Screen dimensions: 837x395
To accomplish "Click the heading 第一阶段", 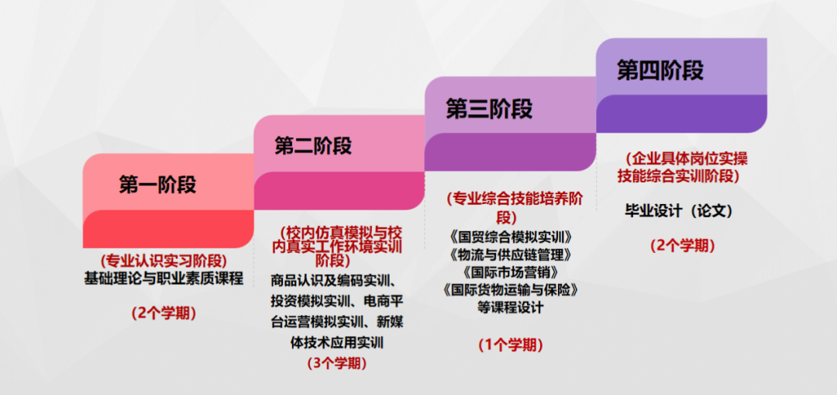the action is click(x=157, y=185).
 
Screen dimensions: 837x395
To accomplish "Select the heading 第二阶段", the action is click(x=313, y=145).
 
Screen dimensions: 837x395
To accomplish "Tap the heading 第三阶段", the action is click(x=490, y=109).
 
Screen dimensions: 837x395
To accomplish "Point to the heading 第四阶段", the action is click(x=660, y=71).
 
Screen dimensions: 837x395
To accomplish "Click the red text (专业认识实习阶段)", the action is click(x=164, y=261).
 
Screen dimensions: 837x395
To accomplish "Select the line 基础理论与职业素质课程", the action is click(x=164, y=279).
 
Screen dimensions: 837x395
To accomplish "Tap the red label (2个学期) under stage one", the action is click(x=164, y=313).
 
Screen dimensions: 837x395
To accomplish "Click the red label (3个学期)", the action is click(x=337, y=363).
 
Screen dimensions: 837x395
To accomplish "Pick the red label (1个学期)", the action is click(x=511, y=345).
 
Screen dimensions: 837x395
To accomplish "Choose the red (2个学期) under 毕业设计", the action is click(x=683, y=245).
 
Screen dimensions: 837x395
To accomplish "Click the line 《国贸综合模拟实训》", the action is click(x=511, y=236).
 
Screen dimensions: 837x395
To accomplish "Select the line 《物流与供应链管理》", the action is click(x=511, y=254).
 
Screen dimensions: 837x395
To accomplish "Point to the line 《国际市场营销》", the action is click(x=511, y=272).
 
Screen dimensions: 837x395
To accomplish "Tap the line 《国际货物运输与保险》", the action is click(x=511, y=290).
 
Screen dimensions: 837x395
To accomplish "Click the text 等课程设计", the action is click(x=511, y=308).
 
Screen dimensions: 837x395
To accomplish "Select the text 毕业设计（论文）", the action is click(x=679, y=211).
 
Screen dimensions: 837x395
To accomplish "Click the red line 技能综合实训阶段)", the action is click(x=679, y=175).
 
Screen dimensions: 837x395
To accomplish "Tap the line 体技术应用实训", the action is click(x=337, y=343).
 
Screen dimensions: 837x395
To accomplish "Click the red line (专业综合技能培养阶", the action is click(x=515, y=199).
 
